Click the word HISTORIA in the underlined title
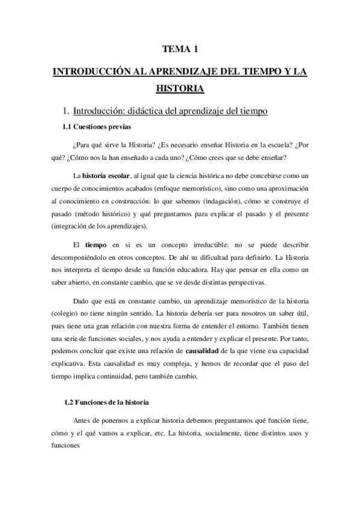(180, 88)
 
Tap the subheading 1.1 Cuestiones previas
(97, 127)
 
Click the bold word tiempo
(96, 245)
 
